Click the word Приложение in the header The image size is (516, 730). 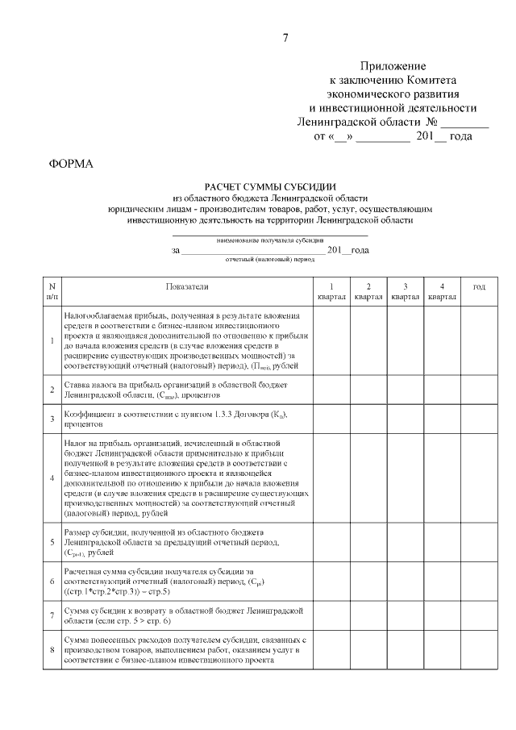393,66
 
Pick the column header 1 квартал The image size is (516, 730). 331,291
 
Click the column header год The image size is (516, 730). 479,286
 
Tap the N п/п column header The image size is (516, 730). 52,291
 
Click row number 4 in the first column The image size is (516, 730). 52,478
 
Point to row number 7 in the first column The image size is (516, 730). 52,616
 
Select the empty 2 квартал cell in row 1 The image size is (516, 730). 368,340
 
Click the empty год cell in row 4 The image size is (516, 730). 479,478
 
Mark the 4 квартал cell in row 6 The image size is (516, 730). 442,582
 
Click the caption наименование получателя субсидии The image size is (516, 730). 270,240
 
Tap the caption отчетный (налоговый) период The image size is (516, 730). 270,260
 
